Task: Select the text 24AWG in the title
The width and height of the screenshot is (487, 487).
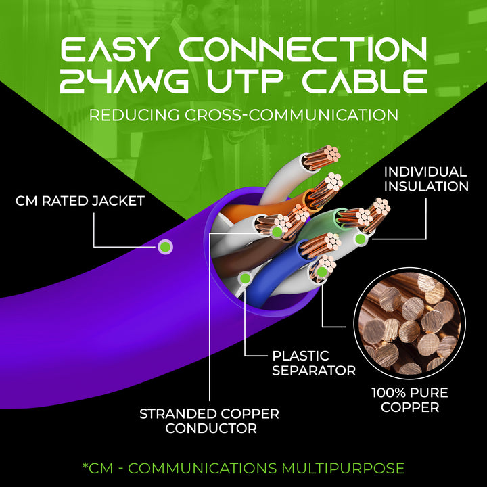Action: click(x=124, y=81)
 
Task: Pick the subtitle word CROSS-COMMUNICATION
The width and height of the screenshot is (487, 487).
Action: click(x=292, y=115)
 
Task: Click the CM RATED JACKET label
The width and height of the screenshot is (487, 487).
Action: click(x=80, y=201)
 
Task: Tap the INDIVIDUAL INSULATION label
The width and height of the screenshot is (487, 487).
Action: click(x=426, y=179)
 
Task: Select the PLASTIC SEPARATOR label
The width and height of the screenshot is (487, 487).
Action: click(x=314, y=363)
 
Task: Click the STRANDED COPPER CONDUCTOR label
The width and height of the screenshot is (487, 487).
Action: click(x=209, y=421)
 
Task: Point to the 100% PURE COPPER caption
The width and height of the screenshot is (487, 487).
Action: click(x=410, y=400)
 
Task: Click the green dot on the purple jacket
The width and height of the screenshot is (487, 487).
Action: click(x=165, y=248)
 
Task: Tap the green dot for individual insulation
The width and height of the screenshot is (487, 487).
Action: click(x=361, y=239)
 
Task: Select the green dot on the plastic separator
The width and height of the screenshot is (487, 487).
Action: click(x=246, y=278)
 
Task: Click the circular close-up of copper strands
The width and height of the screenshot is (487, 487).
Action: click(x=410, y=323)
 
